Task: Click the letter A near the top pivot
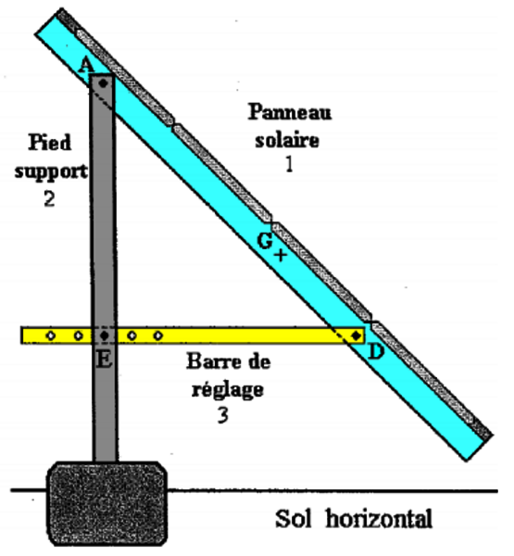86,65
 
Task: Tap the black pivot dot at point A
103,83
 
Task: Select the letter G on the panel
265,241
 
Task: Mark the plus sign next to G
281,255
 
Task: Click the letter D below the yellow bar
376,352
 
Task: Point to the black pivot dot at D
356,335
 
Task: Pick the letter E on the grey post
105,360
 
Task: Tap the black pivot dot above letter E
104,335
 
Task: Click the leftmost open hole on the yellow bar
51,335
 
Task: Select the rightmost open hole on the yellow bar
158,335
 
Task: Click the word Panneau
290,112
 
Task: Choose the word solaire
287,140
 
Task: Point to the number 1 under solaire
289,164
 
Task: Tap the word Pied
50,142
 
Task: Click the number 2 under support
50,198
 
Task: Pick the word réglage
228,390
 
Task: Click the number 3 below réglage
222,415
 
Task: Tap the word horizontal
379,519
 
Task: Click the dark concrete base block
107,503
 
